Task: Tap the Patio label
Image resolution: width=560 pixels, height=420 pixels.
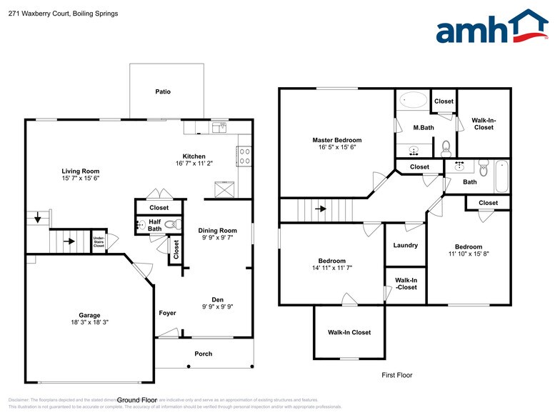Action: point(163,91)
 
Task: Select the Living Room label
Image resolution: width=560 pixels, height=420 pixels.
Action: point(80,171)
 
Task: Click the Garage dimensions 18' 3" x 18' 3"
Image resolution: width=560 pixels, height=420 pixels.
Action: point(89,323)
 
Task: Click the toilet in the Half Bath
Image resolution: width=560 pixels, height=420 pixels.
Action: point(169,224)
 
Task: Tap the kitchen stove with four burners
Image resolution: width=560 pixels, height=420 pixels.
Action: point(244,156)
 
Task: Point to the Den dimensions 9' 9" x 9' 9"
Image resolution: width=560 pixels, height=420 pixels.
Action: point(217,308)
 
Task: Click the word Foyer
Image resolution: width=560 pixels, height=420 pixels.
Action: point(167,313)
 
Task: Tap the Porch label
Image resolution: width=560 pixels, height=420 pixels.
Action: point(204,354)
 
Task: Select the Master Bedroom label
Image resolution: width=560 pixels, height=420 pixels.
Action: point(336,140)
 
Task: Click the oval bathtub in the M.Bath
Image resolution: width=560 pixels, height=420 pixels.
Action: point(413,100)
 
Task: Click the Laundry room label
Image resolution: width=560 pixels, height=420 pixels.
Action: point(406,245)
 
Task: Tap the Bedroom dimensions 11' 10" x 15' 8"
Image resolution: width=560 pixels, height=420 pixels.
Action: point(468,254)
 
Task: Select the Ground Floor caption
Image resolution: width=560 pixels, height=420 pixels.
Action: point(136,400)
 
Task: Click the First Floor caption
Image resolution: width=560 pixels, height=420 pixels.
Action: point(396,375)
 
